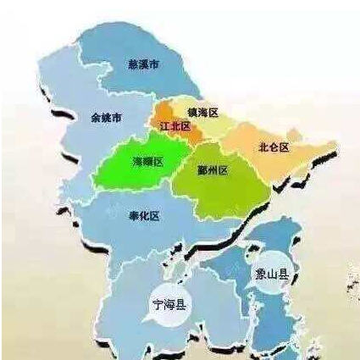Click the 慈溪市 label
(x=142, y=64)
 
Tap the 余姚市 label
(x=106, y=118)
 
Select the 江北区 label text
(x=174, y=125)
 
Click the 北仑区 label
(x=274, y=147)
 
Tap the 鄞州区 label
(x=212, y=170)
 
